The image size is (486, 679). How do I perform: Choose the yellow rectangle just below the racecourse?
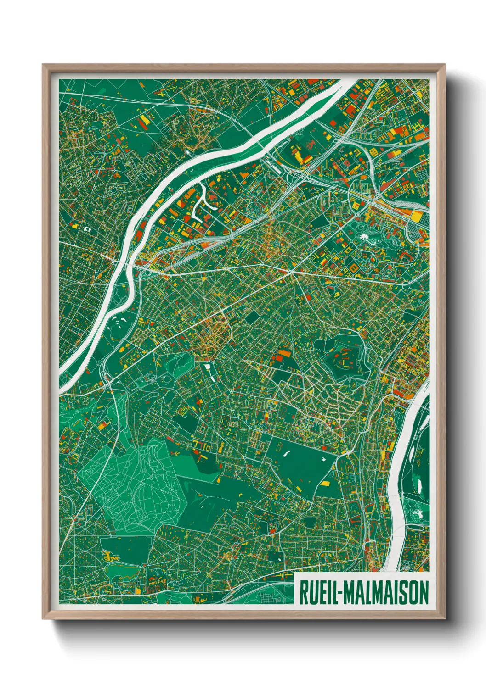[325, 483]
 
